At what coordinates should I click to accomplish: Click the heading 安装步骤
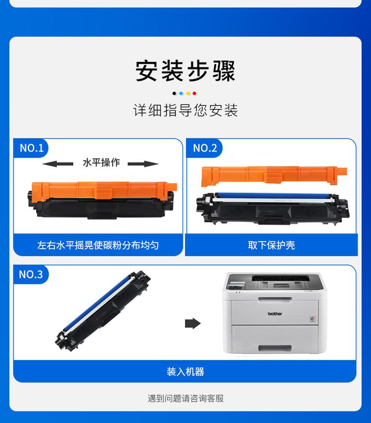coord(185,71)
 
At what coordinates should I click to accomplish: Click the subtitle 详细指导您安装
coord(185,110)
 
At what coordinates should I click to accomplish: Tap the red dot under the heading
coord(194,93)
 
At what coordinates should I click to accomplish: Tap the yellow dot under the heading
coord(188,93)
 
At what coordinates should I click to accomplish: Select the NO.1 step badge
coord(31,148)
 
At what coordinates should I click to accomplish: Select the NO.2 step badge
coord(205,148)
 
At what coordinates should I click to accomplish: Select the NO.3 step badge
coord(31,274)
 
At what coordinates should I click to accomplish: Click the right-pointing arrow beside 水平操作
coord(144,164)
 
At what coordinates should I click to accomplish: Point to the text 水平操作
coord(101,163)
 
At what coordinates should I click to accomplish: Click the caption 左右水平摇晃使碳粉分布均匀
coord(98,245)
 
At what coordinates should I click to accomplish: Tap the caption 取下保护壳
coord(271,245)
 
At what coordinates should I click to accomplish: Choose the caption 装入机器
coord(185,371)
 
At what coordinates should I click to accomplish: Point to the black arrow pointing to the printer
coord(192,323)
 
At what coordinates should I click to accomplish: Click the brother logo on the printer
coord(275,314)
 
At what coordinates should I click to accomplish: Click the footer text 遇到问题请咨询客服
coord(185,398)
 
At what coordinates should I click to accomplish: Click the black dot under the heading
coord(175,93)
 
